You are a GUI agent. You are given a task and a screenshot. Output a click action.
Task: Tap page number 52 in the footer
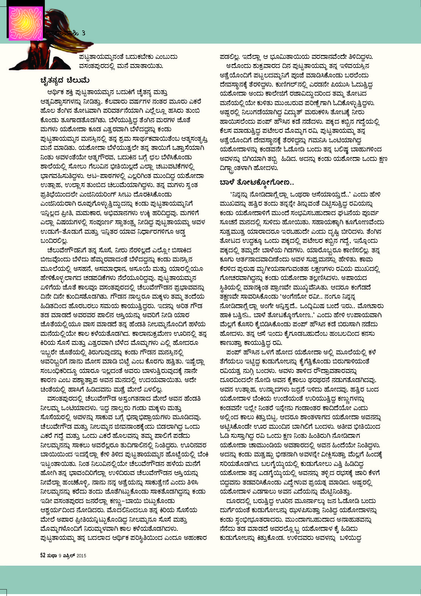(x=43, y=555)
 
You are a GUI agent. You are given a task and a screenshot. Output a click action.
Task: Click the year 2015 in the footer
(x=81, y=556)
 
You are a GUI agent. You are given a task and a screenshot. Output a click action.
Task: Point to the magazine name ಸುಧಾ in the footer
(x=52, y=555)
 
